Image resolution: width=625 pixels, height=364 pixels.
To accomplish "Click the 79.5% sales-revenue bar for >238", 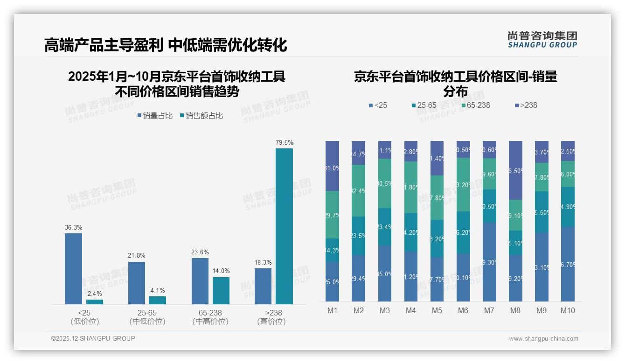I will (x=284, y=226).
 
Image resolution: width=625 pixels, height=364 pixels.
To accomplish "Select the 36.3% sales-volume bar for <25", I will (x=73, y=269).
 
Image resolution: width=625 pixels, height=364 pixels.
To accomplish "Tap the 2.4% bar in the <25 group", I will (x=95, y=302).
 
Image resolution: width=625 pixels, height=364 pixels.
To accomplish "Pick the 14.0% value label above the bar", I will (x=221, y=271).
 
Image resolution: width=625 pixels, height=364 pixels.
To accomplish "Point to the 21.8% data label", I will (x=136, y=256).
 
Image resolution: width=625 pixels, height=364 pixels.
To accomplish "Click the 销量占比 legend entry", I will (x=155, y=116).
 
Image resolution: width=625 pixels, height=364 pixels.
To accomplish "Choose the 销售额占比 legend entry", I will (x=201, y=116).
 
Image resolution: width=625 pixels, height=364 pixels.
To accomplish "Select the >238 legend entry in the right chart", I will (x=525, y=105).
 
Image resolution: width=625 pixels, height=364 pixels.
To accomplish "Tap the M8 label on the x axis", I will (x=515, y=311).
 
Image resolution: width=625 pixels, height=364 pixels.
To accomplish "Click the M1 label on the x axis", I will (x=332, y=311).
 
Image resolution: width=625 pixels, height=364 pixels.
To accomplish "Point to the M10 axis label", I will (x=567, y=311).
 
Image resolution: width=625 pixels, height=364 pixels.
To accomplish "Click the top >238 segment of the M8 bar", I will (x=515, y=170).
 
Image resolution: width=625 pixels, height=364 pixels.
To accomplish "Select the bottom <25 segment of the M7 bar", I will (x=489, y=262).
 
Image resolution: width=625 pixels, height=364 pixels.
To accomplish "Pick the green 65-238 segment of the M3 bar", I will (x=385, y=183).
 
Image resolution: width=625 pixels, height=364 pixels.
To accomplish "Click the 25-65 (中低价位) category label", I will (x=147, y=317).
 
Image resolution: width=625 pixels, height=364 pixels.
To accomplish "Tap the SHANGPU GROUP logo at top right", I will (x=542, y=40).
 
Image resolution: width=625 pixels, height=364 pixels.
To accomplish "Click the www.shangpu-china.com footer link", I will (x=543, y=339).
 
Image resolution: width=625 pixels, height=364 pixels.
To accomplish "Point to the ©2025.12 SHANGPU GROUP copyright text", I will (x=93, y=338).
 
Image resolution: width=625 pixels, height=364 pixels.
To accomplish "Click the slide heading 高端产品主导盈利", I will (x=104, y=45).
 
